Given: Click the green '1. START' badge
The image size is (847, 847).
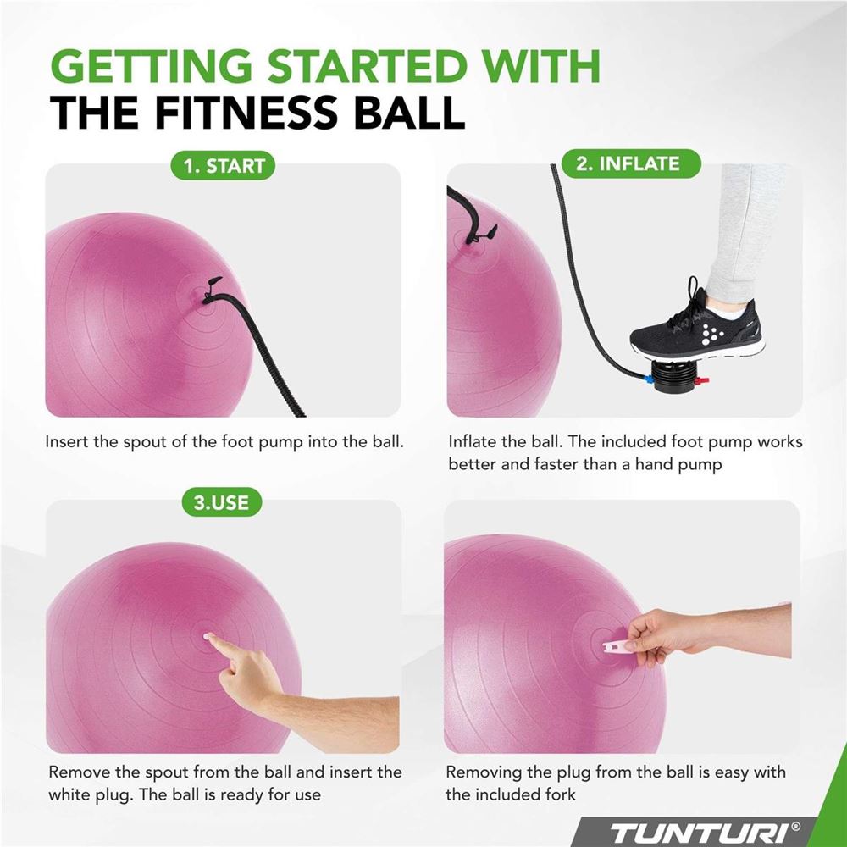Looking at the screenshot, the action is tap(223, 165).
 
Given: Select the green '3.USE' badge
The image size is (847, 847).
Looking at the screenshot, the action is tap(221, 502).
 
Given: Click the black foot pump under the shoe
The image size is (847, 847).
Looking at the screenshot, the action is tap(672, 374).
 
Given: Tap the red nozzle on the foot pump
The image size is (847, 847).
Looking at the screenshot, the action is tap(701, 381).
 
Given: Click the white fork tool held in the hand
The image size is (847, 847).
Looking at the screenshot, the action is tap(617, 646).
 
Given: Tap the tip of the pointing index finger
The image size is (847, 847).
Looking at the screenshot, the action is tap(207, 637).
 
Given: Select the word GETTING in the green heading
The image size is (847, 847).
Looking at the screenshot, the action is tap(152, 66).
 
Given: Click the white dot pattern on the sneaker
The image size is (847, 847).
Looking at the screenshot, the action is tap(709, 335).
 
